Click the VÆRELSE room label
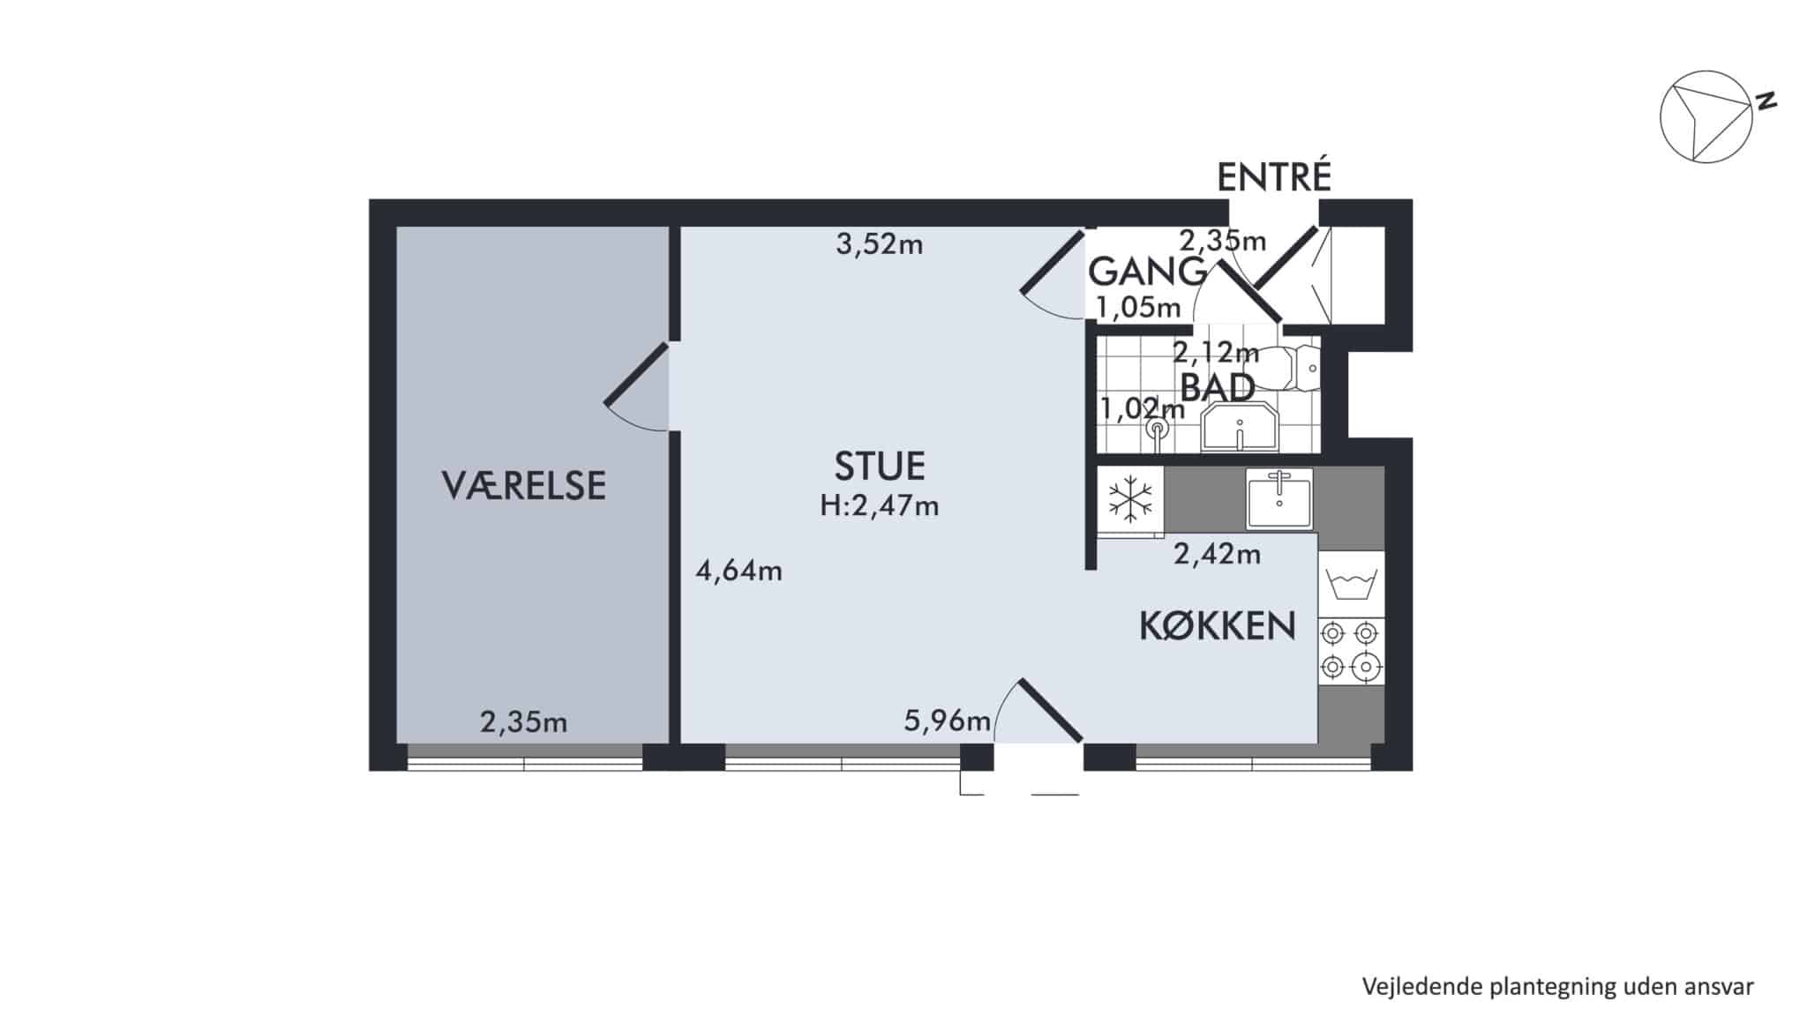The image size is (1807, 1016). [x=523, y=486]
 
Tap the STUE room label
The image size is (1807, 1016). [x=880, y=466]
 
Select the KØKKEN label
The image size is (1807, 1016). [x=1218, y=626]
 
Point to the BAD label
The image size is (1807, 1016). [x=1218, y=387]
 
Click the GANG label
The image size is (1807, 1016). [x=1147, y=272]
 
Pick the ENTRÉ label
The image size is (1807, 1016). [x=1273, y=177]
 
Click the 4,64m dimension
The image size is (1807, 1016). [x=739, y=571]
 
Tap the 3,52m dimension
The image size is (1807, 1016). [x=880, y=244]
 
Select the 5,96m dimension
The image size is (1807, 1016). [x=948, y=721]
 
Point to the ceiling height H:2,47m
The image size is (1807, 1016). [x=880, y=506]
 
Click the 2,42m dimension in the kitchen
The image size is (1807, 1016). [x=1217, y=555]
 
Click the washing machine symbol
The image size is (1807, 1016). [x=1352, y=584]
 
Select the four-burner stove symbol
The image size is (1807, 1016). [x=1351, y=651]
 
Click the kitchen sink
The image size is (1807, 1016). [x=1279, y=498]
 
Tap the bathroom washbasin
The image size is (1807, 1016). [x=1240, y=429]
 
